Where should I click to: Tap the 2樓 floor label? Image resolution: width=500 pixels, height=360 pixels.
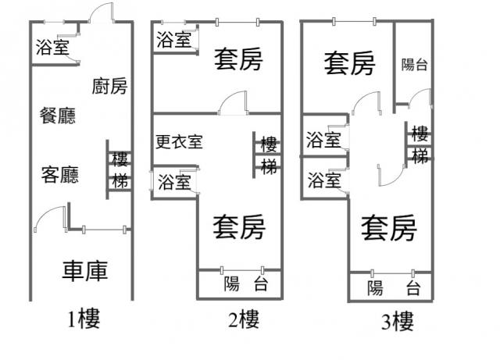point(243,319)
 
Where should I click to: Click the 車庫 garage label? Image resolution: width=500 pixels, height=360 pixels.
point(84,271)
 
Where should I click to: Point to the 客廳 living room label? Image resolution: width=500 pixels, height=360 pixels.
point(59,174)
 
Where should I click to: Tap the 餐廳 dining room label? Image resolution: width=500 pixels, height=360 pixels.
point(58,116)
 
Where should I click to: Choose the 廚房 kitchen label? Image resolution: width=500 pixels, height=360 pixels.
point(109,85)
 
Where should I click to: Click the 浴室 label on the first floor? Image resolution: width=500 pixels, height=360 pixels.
point(52,48)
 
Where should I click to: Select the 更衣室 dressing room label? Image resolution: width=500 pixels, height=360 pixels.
point(179,142)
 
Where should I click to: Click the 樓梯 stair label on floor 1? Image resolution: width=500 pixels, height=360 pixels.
point(120,171)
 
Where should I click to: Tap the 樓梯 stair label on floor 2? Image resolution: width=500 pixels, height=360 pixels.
point(269,155)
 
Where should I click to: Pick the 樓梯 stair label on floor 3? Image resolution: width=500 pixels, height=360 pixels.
point(420,144)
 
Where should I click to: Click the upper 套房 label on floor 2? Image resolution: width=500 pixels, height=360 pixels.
point(238,59)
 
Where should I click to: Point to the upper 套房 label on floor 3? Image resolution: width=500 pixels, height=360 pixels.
point(349,62)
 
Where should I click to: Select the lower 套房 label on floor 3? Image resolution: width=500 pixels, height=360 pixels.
point(388,229)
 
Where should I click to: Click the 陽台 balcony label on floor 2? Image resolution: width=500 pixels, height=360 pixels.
point(245,283)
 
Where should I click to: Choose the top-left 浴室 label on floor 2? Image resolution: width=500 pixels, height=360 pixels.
point(173,41)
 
